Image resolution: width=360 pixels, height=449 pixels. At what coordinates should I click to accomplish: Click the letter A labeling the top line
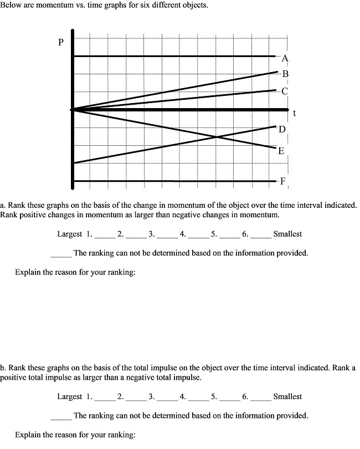285,58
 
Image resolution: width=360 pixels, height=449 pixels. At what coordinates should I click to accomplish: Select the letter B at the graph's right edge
285,74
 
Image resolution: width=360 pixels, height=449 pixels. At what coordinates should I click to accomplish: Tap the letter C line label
285,91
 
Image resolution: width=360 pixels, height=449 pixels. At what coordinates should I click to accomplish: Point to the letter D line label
282,130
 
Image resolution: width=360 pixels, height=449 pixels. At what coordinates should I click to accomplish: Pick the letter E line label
281,151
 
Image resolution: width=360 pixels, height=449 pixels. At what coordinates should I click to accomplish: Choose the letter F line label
282,181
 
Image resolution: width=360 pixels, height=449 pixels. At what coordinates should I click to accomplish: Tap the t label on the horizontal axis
295,113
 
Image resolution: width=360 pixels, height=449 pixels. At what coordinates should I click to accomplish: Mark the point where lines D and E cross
215,136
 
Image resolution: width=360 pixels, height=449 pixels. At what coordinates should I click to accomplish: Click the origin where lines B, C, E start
73,110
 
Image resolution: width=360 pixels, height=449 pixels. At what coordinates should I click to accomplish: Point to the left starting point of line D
73,163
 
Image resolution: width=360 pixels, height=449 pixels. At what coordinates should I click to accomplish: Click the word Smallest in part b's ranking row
287,396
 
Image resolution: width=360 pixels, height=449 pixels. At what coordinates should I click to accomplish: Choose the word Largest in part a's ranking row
70,234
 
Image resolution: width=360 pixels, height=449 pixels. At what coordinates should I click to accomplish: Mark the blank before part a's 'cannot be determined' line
61,256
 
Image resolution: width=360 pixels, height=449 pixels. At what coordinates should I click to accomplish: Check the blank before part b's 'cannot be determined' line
61,418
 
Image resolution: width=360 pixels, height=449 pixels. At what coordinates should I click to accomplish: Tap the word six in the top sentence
108,5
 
